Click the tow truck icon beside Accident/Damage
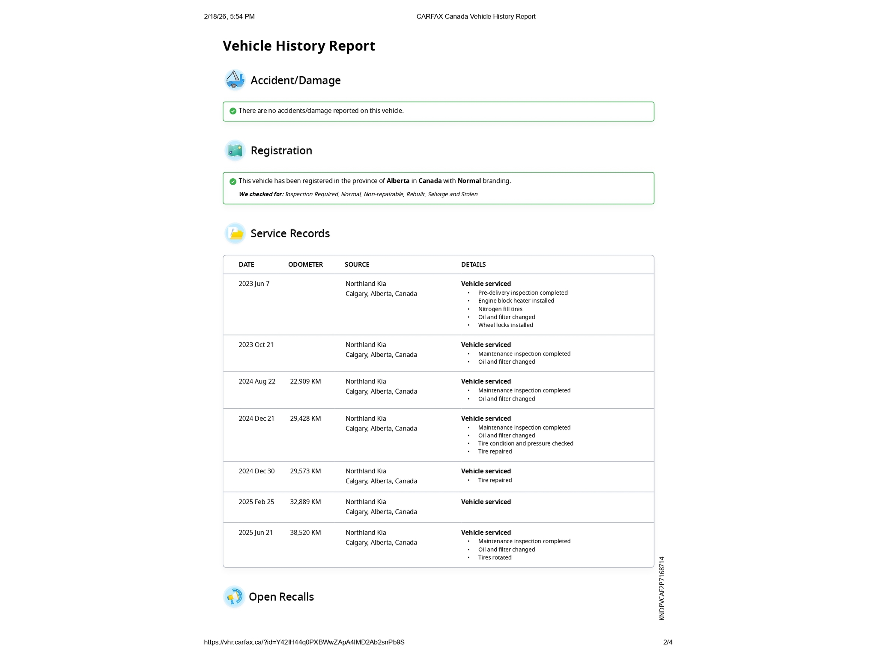[235, 80]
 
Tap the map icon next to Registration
[235, 150]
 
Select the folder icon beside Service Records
[235, 233]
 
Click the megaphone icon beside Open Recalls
[234, 597]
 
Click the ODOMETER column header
[305, 265]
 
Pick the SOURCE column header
[357, 265]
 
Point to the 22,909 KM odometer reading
[305, 382]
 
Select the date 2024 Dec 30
[257, 471]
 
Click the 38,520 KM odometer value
[305, 533]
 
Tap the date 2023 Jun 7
[254, 284]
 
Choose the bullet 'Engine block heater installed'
[516, 301]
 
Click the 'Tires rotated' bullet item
[495, 558]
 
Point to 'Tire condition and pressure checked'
[525, 444]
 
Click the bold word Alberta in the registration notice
[398, 181]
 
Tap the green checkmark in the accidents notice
[233, 111]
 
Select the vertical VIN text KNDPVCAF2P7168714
[662, 588]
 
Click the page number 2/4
[668, 642]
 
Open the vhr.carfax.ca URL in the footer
[304, 642]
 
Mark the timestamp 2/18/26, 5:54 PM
[229, 17]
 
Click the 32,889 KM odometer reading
[305, 502]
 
